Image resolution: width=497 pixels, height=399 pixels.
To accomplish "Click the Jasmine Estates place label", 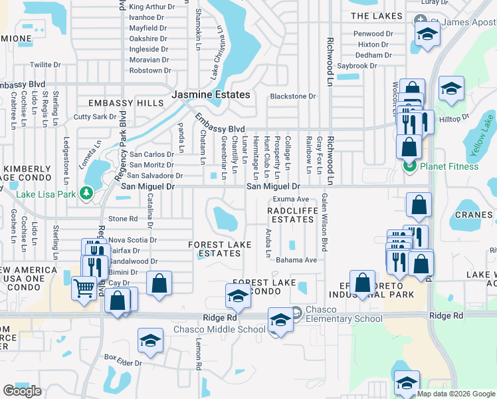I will pos(211,95).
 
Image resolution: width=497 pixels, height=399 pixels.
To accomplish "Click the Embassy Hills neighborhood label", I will pos(126,104).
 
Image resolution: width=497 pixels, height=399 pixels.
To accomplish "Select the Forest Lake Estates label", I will pos(220,249).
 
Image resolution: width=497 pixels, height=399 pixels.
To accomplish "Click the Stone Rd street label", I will pos(122,218).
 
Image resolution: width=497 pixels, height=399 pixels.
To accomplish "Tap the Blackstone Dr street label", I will pos(292,96).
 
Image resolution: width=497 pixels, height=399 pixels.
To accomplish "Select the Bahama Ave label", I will pos(296,260).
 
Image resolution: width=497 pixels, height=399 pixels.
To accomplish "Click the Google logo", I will pos(22,391).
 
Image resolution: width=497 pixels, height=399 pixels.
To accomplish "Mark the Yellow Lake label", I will pos(483,136).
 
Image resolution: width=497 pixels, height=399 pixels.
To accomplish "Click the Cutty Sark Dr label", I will pos(95,117).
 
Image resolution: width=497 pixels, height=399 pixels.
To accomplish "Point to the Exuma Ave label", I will pos(291,199).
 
